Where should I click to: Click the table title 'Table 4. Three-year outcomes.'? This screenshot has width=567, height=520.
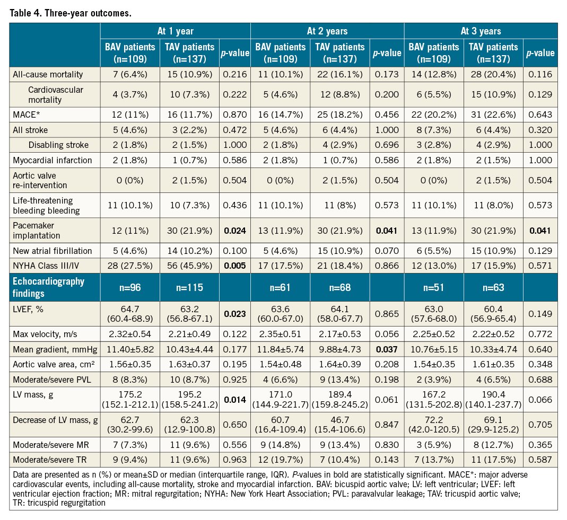70,13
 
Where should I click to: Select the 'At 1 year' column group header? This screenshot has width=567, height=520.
175,31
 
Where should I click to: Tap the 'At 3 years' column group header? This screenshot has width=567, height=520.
481,31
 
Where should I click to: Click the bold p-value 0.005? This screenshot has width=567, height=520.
234,266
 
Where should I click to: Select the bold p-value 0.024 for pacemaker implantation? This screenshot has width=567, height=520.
234,231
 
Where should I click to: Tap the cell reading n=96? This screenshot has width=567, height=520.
128,287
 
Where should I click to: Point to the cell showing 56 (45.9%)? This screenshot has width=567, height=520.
189,266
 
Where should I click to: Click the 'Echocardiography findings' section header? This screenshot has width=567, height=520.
48,287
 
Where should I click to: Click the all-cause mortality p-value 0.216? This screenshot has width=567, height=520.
234,74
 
